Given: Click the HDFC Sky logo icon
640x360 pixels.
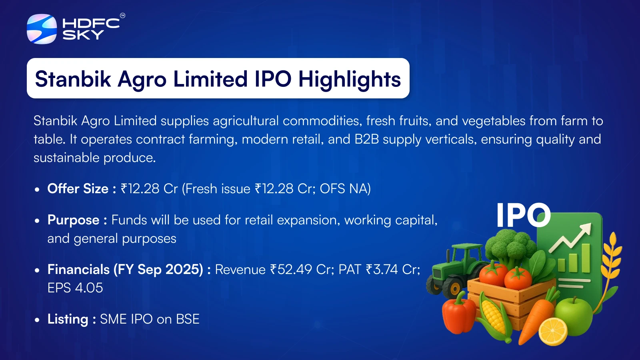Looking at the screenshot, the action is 42,29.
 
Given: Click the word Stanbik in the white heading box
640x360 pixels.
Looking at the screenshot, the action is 73,79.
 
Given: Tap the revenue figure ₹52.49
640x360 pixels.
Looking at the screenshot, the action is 291,270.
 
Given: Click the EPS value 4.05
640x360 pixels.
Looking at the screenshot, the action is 89,288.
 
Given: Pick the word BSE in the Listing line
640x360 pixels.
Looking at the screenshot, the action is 188,319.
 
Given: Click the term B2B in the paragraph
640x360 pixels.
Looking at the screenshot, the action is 366,140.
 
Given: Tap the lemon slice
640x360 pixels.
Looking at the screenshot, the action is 553,332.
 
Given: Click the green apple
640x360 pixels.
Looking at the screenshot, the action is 573,316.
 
